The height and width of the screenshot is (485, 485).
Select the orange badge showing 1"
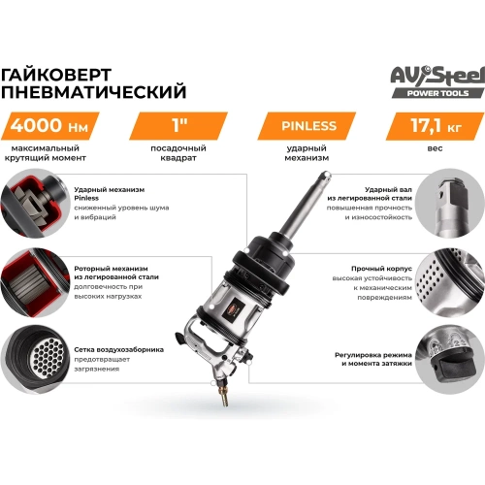pyautogui.click(x=176, y=126)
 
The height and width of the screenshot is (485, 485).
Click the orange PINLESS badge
pyautogui.click(x=308, y=126)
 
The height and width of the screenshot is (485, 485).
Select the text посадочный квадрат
pyautogui.click(x=176, y=158)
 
